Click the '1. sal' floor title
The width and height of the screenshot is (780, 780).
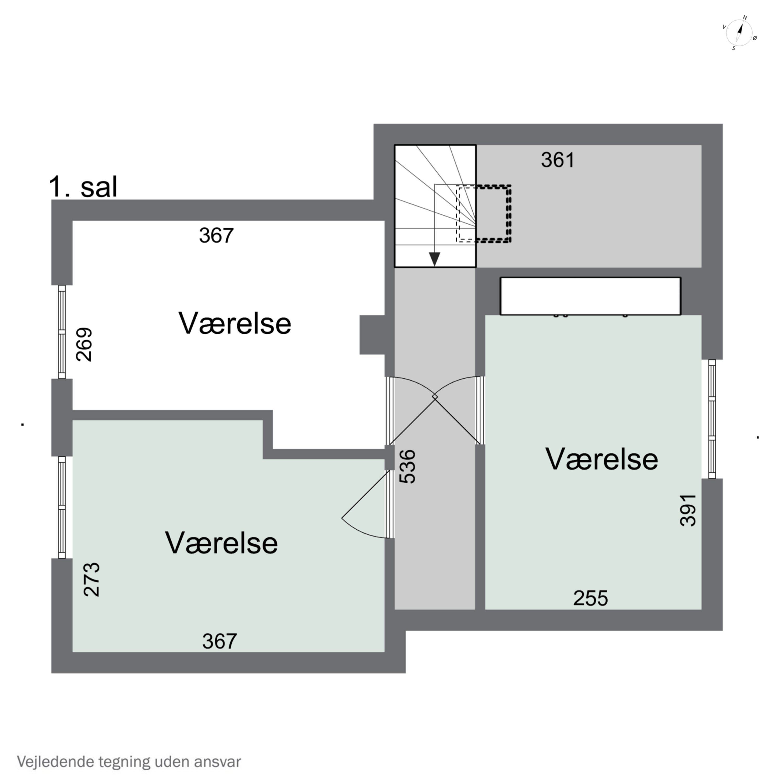(x=83, y=187)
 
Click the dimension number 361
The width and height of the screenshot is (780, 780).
(x=557, y=160)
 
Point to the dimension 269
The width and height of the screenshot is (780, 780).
(x=84, y=344)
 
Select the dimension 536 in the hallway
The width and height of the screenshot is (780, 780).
(x=407, y=467)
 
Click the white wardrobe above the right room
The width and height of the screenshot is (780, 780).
(x=590, y=296)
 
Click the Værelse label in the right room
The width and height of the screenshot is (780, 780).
(x=602, y=459)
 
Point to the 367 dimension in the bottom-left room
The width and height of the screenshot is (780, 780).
(x=220, y=641)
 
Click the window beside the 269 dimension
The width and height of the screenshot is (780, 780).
(x=62, y=332)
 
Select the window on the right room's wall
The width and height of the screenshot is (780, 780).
(x=712, y=419)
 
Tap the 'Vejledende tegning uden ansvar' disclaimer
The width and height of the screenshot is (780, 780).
(x=129, y=762)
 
